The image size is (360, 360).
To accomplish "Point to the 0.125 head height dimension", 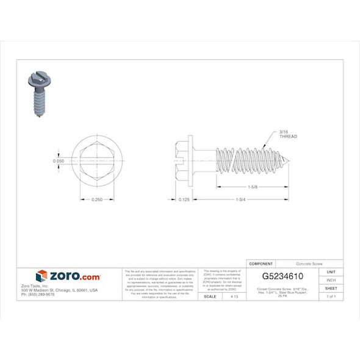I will click(182, 200).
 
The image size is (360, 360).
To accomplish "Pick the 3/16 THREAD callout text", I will click(287, 134).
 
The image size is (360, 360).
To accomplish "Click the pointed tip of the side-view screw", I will click(289, 161).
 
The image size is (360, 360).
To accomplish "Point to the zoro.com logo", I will click(68, 276).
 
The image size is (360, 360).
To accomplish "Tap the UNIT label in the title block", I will click(331, 272).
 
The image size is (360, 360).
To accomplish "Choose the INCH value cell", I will click(331, 280).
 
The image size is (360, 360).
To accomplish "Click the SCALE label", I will click(209, 297).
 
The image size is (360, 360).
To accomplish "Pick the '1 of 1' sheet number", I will click(331, 297).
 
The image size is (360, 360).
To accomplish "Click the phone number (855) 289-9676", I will click(38, 295).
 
